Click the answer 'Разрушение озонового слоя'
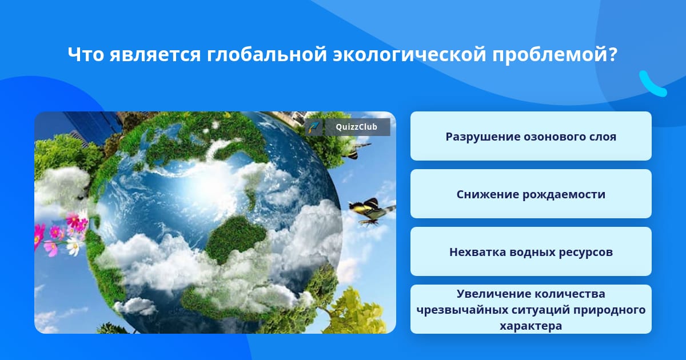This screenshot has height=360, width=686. (531, 136)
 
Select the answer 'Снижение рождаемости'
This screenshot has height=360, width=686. (531, 194)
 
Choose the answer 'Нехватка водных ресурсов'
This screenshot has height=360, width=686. (531, 251)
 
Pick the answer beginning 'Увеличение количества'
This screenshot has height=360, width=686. (531, 309)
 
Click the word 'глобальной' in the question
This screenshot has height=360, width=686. (267, 54)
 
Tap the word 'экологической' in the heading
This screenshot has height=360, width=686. (409, 54)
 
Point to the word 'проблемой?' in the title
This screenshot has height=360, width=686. (555, 54)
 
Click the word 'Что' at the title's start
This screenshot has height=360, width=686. (86, 54)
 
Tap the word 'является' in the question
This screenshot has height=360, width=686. (155, 54)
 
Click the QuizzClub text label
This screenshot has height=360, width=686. (356, 127)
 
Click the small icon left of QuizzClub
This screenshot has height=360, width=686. (314, 127)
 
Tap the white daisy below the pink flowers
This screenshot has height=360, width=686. (74, 246)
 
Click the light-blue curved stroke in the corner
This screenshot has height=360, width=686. (652, 84)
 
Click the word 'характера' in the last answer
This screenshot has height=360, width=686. (531, 326)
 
